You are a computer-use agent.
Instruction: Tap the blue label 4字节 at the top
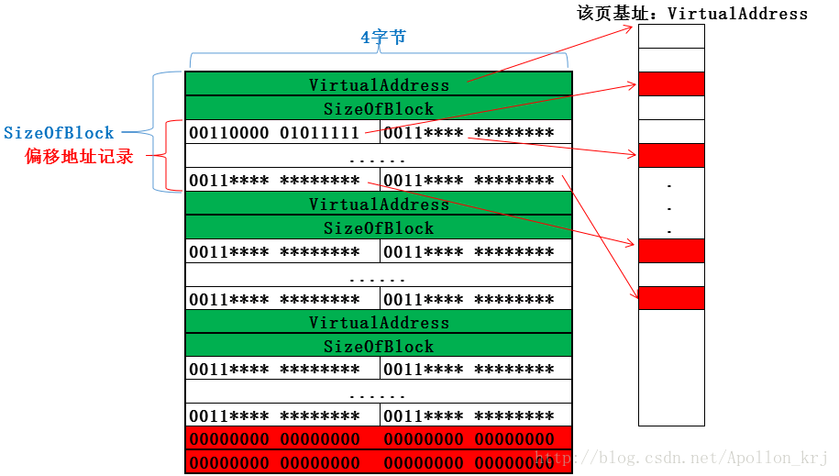click(x=382, y=38)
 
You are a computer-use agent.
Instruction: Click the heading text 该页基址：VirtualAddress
click(x=691, y=13)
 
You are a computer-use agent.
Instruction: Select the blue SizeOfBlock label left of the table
click(x=59, y=133)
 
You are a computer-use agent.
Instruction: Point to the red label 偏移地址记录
click(x=79, y=157)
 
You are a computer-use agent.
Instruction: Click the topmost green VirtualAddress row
click(x=379, y=84)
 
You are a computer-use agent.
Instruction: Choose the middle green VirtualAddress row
click(x=379, y=204)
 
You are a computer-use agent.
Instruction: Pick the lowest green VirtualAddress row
click(x=379, y=323)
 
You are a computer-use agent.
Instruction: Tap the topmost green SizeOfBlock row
click(x=379, y=108)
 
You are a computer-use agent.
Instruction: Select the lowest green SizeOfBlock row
click(x=379, y=347)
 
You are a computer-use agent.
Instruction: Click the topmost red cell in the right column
click(x=671, y=83)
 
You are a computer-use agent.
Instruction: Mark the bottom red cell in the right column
click(x=671, y=298)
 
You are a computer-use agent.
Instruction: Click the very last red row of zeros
click(x=379, y=461)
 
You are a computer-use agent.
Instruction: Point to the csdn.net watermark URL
click(x=682, y=457)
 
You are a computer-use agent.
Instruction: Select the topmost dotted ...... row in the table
click(x=379, y=158)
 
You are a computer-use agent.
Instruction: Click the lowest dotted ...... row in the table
click(x=379, y=394)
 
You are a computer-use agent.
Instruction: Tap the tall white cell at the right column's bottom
click(x=671, y=367)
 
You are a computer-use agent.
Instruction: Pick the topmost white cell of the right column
click(x=671, y=36)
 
